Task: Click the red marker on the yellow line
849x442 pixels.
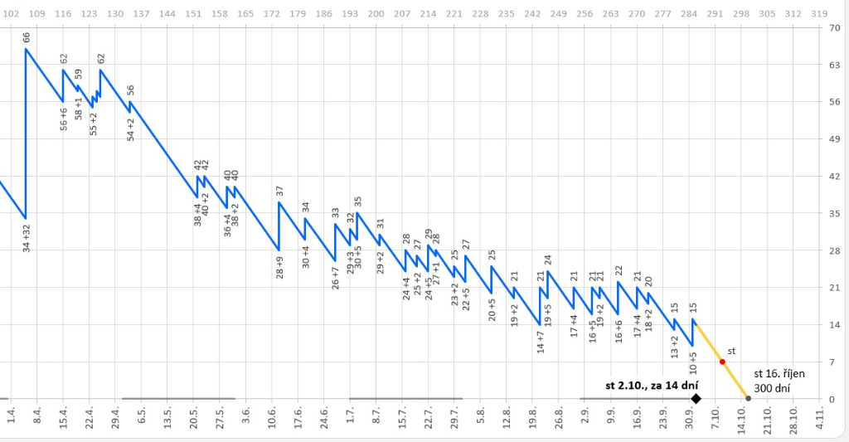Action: (722, 362)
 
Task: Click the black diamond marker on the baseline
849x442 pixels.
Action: (696, 399)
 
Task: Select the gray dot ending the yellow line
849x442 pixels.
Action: (748, 399)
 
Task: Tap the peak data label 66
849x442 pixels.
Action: (27, 37)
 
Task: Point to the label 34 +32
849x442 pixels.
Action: (27, 236)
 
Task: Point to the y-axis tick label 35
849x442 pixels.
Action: (834, 213)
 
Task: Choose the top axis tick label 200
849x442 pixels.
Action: (376, 14)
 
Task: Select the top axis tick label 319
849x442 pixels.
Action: (818, 14)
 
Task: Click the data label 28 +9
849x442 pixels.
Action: (279, 270)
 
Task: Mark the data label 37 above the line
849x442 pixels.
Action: (279, 192)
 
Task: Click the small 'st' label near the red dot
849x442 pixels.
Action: (731, 351)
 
